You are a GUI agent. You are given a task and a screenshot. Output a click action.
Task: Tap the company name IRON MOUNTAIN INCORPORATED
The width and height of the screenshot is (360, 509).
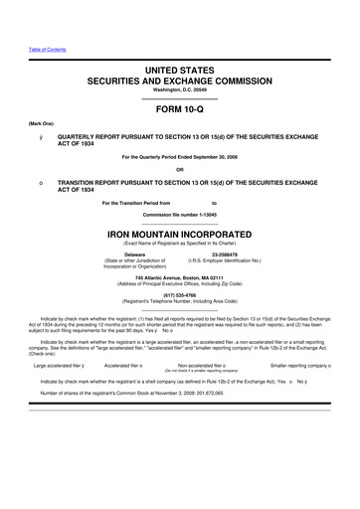[x=179, y=236]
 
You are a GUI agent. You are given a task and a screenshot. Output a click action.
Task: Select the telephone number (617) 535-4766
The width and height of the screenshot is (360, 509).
[x=180, y=294]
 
